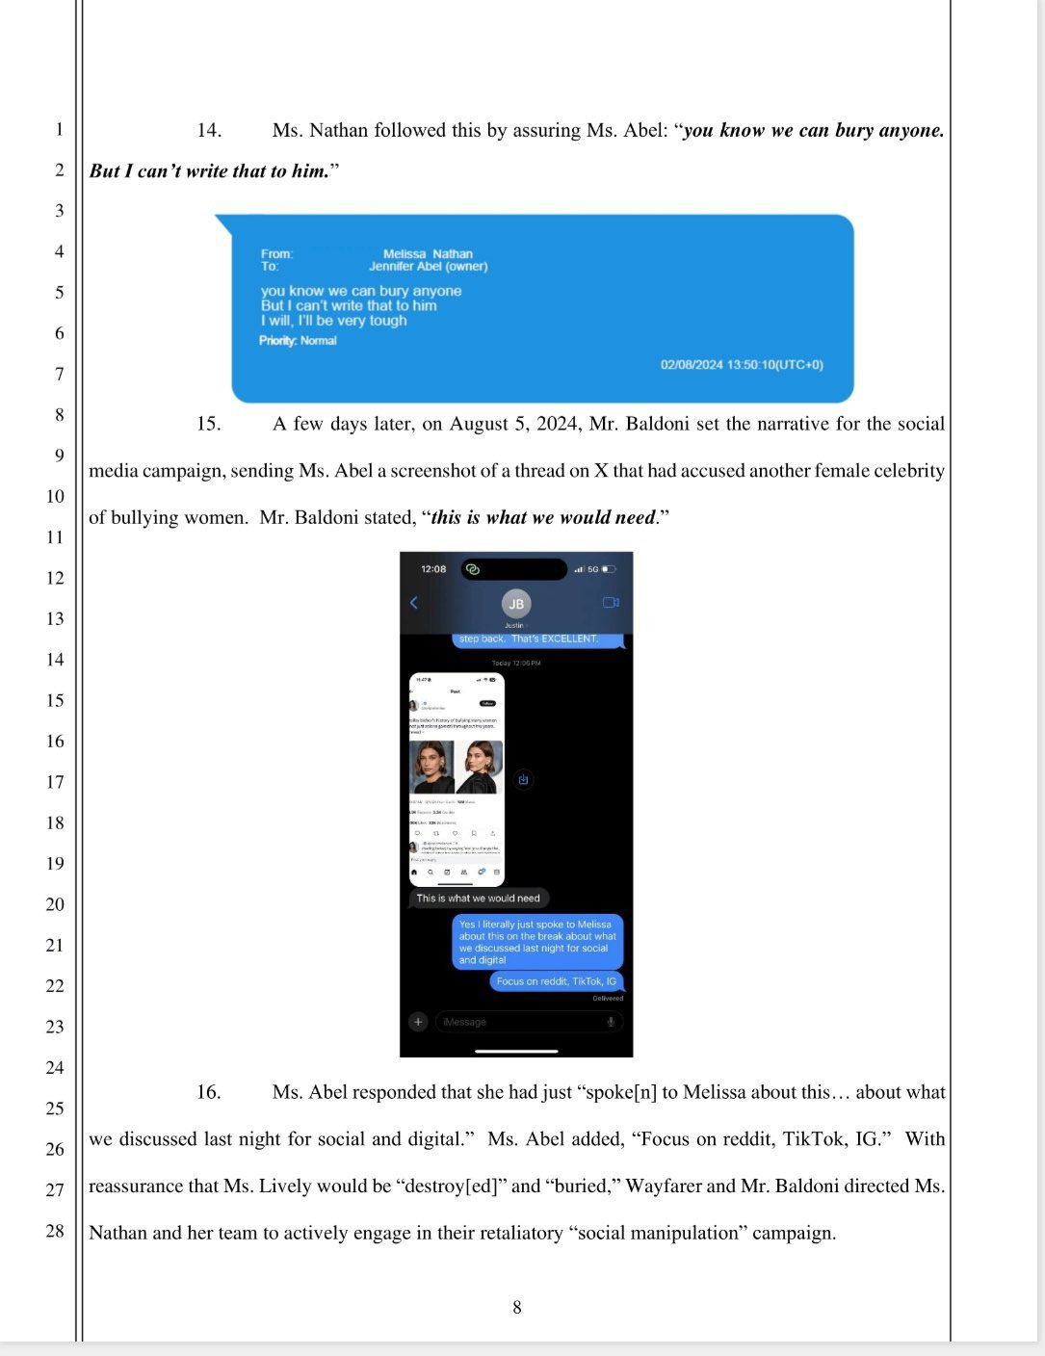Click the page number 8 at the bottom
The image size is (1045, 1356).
click(x=517, y=1307)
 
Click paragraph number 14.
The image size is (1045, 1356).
click(x=209, y=130)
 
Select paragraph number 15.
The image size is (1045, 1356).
click(x=209, y=424)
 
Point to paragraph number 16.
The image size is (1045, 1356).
click(x=209, y=1092)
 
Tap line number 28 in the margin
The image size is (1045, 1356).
click(x=56, y=1231)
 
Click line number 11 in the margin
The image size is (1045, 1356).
click(x=56, y=536)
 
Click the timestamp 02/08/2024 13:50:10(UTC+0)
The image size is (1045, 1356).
click(x=742, y=365)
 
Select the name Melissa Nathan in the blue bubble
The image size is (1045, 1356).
click(x=428, y=254)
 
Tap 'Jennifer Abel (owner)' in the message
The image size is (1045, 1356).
click(x=428, y=267)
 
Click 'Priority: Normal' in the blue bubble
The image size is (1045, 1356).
click(x=298, y=341)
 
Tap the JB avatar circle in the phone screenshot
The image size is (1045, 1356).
click(x=516, y=604)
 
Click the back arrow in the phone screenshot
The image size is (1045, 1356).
click(x=414, y=603)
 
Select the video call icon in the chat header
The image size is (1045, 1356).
click(x=611, y=603)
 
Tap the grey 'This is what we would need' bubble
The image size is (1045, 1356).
click(x=478, y=899)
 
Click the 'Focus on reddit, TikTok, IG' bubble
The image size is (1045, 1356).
click(x=556, y=981)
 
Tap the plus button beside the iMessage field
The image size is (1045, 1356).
click(x=418, y=1022)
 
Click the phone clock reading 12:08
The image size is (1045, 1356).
click(x=433, y=569)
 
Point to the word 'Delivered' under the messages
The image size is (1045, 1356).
click(x=608, y=999)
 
